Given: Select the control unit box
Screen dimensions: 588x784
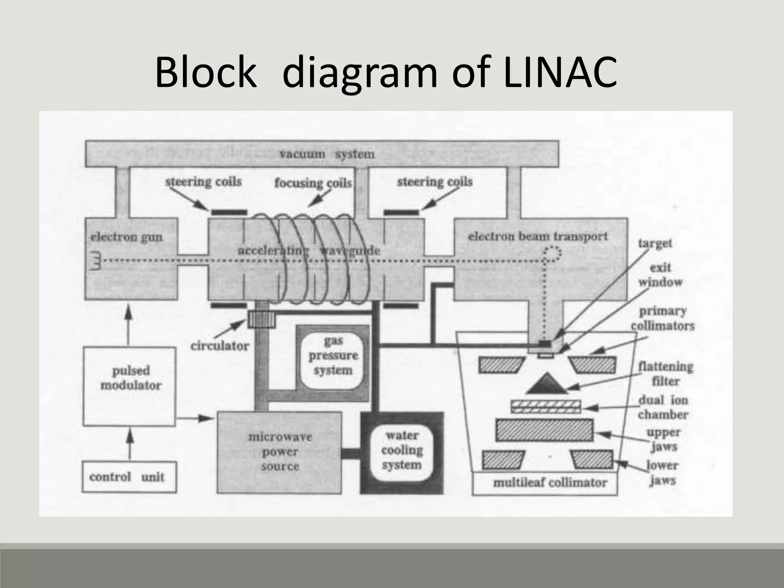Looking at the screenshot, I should (129, 477).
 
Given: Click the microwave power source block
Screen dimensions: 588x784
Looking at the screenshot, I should (280, 452).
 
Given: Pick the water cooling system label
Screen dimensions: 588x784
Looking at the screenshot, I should (402, 450).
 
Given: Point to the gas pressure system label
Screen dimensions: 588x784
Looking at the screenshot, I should (333, 356).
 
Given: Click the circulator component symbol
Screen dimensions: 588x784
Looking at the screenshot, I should (261, 319).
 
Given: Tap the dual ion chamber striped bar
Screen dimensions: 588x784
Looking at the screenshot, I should (546, 407).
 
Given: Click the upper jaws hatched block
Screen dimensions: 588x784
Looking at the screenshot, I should (544, 430).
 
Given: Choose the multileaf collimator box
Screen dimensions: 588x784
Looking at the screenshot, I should (545, 483).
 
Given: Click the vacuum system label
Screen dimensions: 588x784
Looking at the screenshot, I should (327, 154).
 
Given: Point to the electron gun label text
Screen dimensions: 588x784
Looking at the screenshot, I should (126, 237).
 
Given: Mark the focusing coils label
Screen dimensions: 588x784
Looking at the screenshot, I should (313, 183).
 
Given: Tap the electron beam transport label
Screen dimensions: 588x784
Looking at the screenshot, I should (538, 236).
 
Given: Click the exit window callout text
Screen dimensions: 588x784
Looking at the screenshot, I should (660, 275).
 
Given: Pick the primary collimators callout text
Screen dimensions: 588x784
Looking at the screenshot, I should (662, 318).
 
